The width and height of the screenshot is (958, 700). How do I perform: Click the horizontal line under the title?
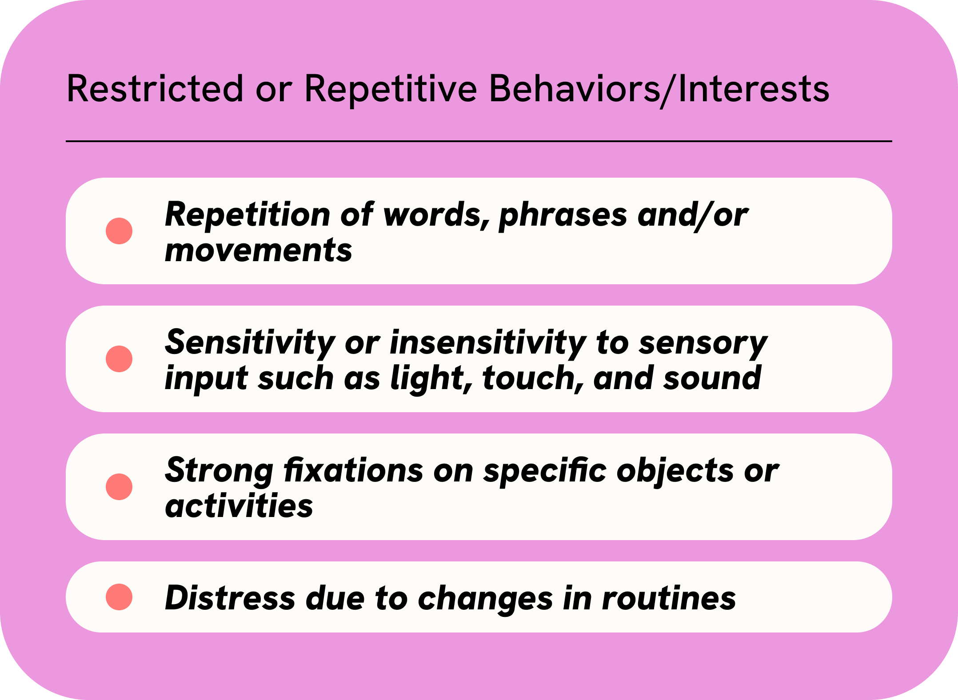[479, 141]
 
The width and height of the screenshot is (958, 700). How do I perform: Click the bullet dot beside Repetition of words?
[119, 231]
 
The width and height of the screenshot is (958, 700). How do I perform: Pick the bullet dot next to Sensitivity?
[119, 359]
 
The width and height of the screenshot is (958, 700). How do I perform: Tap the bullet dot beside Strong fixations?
[119, 487]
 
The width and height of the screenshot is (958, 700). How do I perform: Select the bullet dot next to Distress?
[119, 597]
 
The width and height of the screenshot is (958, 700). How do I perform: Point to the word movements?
[259, 251]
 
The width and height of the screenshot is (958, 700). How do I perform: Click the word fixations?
[354, 470]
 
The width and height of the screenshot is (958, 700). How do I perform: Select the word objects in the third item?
[675, 472]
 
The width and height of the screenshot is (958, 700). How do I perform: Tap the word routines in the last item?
[669, 599]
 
